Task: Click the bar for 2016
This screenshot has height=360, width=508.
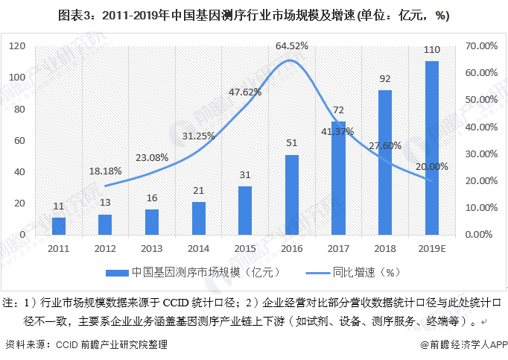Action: click(x=292, y=195)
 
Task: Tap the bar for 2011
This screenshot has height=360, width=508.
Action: click(x=59, y=226)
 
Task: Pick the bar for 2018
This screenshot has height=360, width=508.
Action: click(x=385, y=162)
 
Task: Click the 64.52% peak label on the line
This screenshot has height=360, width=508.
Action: click(x=292, y=46)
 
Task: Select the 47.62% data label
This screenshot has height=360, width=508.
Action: click(x=245, y=92)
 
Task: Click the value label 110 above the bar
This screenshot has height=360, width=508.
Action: click(x=432, y=50)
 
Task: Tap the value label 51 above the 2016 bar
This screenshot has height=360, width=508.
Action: click(x=292, y=143)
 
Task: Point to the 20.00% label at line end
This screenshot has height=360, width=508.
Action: click(x=432, y=165)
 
